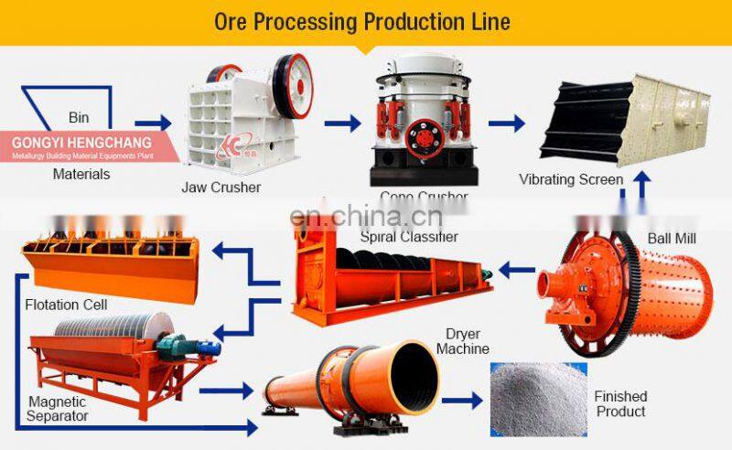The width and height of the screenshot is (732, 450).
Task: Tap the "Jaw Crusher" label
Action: tap(221, 187)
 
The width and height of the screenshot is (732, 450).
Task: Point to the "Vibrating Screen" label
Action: tap(571, 179)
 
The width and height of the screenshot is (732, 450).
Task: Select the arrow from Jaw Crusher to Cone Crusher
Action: tap(341, 122)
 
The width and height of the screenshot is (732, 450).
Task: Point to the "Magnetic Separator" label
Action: tap(58, 409)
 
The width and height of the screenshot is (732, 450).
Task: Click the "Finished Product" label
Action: tap(620, 403)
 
